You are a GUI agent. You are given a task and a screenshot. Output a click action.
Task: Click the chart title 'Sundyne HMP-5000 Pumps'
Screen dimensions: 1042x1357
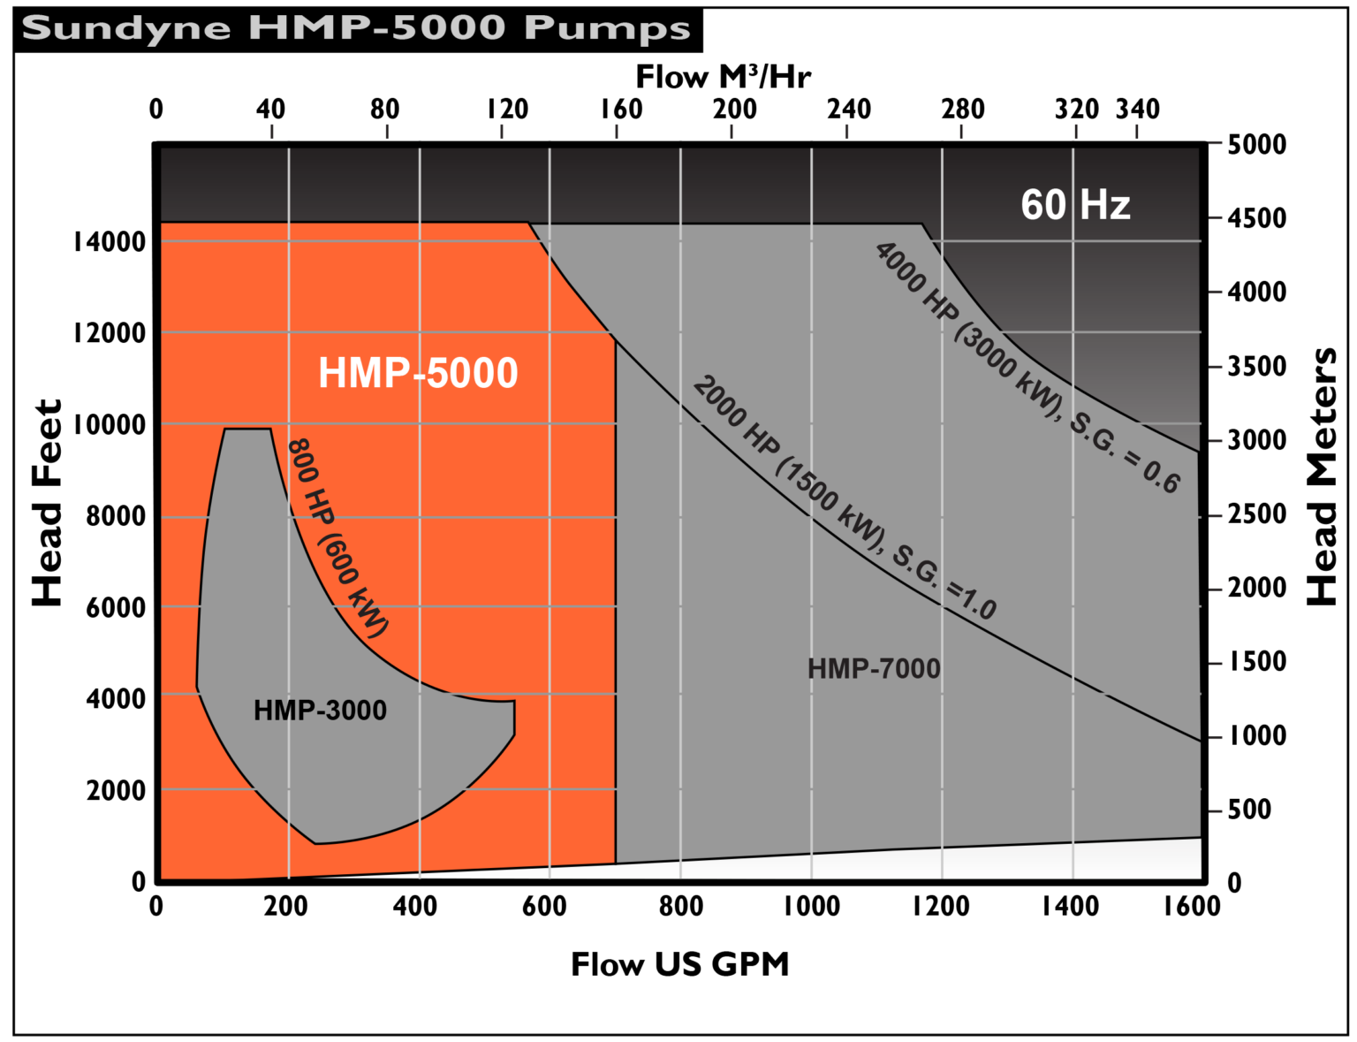[355, 27]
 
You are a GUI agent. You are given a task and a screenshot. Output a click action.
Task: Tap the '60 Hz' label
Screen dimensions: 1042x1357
[1075, 205]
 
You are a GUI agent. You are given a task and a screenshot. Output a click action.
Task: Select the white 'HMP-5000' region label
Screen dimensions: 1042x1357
[418, 373]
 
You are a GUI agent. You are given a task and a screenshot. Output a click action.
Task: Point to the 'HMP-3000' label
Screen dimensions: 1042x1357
[320, 711]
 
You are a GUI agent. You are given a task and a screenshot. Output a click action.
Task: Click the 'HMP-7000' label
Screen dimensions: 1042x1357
[874, 669]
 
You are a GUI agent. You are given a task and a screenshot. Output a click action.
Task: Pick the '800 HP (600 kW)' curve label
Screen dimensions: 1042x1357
[337, 537]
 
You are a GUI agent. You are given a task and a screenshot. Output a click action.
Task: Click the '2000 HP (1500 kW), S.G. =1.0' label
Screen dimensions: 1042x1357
[844, 498]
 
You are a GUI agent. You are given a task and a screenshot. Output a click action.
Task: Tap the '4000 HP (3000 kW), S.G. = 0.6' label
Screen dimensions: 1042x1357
[1027, 367]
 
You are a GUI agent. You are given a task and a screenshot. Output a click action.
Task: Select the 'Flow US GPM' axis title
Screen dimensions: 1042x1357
[679, 964]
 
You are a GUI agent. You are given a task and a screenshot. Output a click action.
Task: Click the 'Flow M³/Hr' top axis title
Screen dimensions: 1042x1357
[723, 78]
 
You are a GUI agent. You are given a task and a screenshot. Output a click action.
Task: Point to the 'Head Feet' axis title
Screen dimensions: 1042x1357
[48, 503]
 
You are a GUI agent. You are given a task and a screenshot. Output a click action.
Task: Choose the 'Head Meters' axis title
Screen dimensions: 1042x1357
[1322, 477]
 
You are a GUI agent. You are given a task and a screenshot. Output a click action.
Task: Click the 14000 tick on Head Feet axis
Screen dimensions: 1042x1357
[110, 242]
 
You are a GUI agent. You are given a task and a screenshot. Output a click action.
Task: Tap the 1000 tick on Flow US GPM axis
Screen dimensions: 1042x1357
[811, 906]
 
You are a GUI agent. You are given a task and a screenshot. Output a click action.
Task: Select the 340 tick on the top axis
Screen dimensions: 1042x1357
[1137, 110]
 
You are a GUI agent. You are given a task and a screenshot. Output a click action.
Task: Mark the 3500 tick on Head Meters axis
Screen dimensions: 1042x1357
[1256, 366]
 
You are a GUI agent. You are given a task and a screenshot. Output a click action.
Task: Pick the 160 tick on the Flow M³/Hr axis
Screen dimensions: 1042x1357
[621, 110]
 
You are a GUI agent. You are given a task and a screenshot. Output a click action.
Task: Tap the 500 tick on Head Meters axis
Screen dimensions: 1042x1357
[1249, 810]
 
